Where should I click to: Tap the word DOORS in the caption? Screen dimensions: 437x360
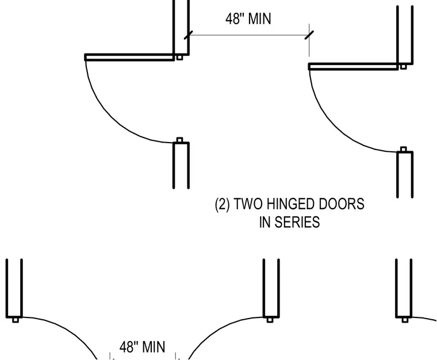342,204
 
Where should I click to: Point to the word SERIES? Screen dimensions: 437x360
297,222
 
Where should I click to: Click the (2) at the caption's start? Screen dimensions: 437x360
223,204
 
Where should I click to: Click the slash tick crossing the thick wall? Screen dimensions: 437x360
189,35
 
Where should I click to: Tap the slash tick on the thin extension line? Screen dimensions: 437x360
309,35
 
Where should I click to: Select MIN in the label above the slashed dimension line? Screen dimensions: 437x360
259,19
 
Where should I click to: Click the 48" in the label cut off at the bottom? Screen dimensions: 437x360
129,347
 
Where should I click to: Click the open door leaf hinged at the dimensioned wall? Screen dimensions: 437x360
129,58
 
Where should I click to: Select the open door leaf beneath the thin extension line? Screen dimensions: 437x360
354,67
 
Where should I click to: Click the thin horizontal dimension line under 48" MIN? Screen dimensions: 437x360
248,35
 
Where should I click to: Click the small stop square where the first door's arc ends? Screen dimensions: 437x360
180,140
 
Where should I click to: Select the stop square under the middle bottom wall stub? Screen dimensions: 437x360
270,320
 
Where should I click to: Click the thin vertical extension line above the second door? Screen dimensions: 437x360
309,40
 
